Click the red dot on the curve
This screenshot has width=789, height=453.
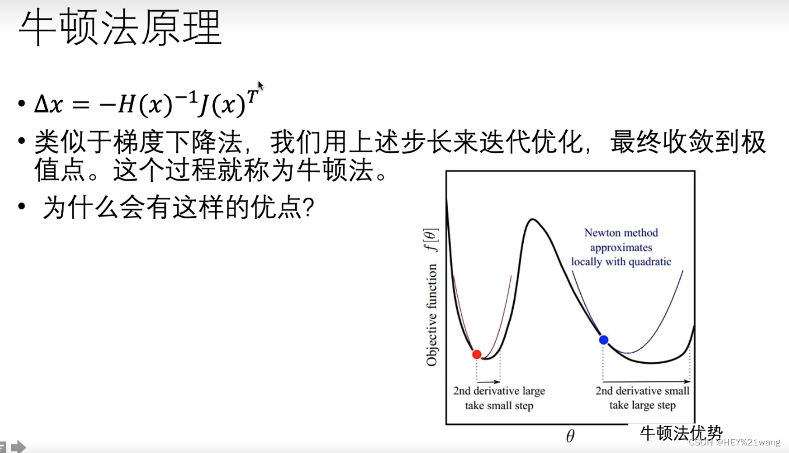(x=476, y=354)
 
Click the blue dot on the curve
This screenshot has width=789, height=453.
(x=604, y=340)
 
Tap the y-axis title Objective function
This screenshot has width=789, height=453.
(x=432, y=315)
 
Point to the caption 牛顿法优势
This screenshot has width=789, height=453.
(x=681, y=433)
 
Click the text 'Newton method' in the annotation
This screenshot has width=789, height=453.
(x=621, y=233)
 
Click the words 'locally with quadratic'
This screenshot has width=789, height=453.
(x=621, y=262)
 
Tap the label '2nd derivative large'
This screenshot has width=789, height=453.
(x=499, y=391)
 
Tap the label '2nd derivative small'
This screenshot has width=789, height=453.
(x=643, y=391)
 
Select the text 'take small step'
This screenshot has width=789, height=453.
(x=499, y=406)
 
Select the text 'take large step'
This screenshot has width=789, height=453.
(x=643, y=406)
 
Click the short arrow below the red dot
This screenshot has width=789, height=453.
(x=489, y=382)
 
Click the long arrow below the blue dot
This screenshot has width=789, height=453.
(x=646, y=382)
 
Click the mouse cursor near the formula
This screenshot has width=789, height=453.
(x=261, y=86)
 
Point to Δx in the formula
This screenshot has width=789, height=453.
(x=48, y=105)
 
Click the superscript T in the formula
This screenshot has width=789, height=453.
(x=251, y=96)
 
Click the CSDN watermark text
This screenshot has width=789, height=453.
(x=734, y=443)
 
